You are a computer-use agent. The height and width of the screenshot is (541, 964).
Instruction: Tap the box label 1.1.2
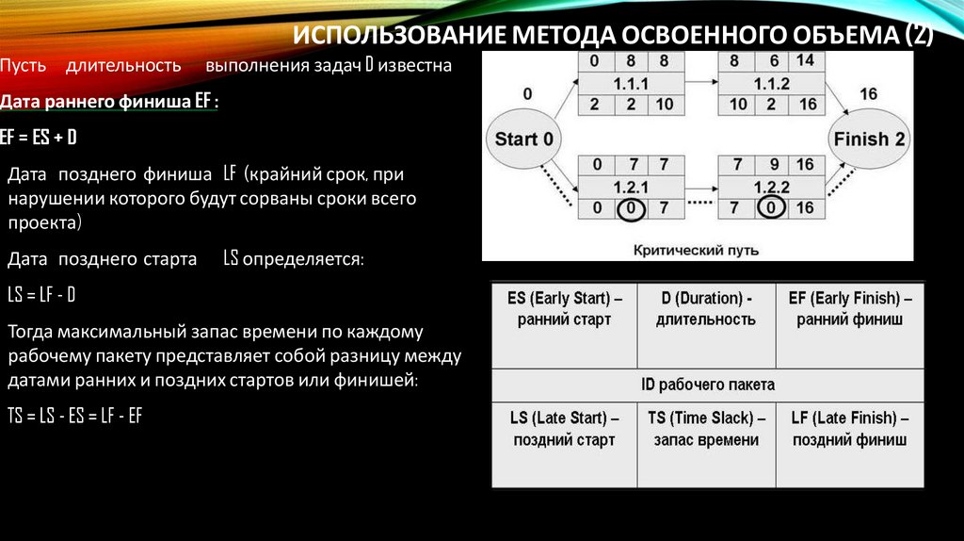765,83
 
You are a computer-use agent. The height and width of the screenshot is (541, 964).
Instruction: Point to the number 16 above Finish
868,94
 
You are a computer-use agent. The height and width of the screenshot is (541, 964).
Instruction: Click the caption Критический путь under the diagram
697,251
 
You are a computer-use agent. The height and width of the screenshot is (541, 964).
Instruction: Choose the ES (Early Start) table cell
564,309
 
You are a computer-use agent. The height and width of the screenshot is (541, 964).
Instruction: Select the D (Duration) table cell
706,309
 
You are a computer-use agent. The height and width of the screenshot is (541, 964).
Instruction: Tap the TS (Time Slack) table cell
706,429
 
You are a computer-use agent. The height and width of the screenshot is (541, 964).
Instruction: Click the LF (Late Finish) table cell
849,429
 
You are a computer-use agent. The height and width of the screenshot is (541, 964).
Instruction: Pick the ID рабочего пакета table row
707,385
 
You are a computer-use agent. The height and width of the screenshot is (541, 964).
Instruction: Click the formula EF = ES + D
40,138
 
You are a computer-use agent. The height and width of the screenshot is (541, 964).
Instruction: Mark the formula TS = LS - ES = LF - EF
74,415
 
